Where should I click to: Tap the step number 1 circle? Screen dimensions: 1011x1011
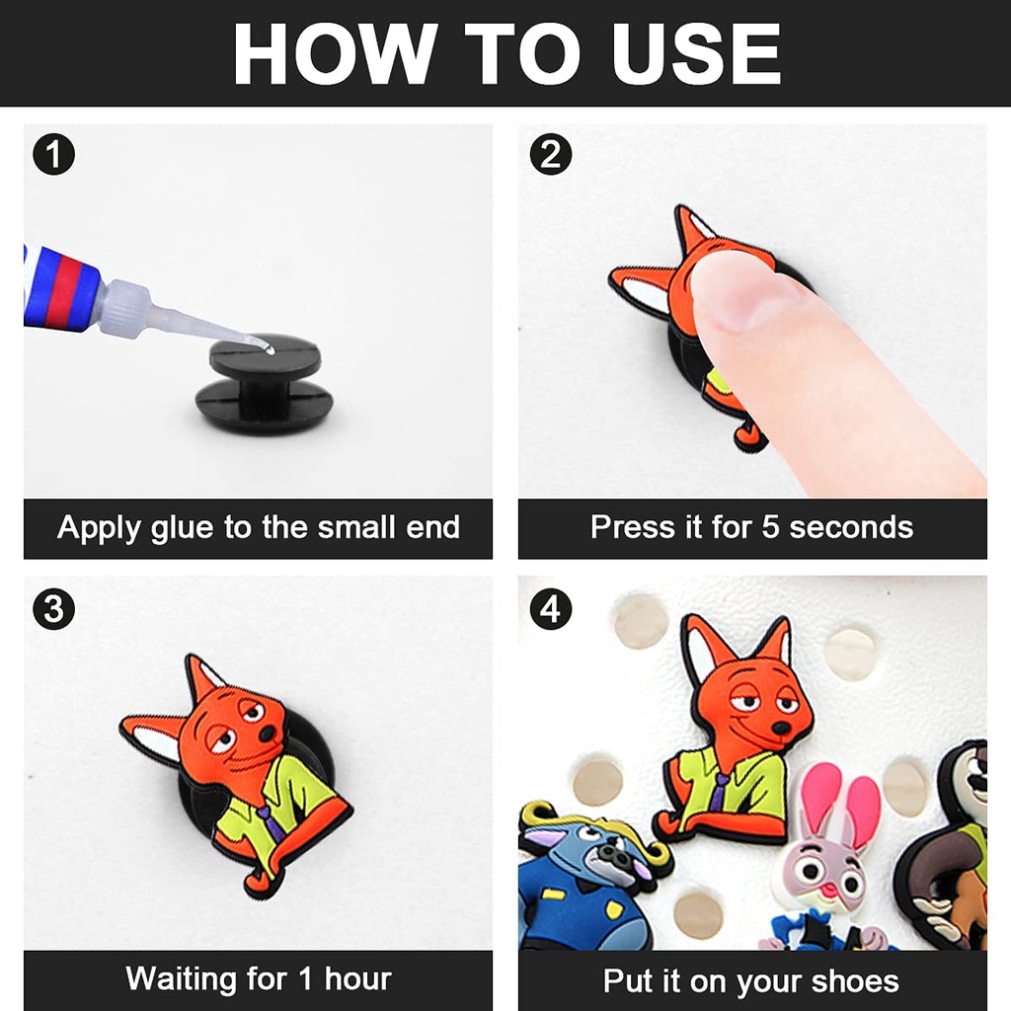(53, 154)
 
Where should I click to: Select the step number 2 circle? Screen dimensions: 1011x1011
(550, 154)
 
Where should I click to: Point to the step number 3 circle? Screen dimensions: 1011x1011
(53, 608)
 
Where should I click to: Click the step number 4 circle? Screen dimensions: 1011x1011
(550, 608)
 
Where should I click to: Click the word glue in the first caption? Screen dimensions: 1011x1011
(182, 528)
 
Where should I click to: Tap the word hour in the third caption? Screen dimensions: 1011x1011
(357, 978)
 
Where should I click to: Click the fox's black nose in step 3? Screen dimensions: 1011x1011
(266, 735)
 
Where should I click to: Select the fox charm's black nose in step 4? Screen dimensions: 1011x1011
(781, 728)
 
